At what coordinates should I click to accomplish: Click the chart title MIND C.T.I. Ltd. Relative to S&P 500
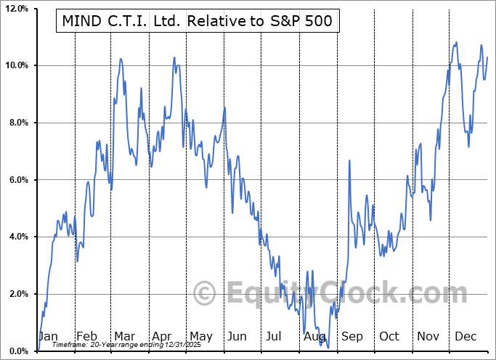pyautogui.click(x=198, y=20)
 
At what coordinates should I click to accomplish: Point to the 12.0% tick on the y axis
pyautogui.click(x=15, y=9)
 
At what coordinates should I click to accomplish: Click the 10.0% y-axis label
pyautogui.click(x=15, y=66)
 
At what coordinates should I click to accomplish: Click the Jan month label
pyautogui.click(x=48, y=336)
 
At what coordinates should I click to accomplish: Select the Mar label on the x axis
pyautogui.click(x=124, y=336)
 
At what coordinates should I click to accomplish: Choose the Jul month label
pyautogui.click(x=275, y=336)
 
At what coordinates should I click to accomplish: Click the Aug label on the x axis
pyautogui.click(x=314, y=336)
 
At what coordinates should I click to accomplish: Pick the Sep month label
pyautogui.click(x=351, y=336)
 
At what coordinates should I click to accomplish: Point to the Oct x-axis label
pyautogui.click(x=389, y=336)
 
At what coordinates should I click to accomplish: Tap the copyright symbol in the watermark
pyautogui.click(x=204, y=294)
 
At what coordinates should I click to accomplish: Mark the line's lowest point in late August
pyautogui.click(x=328, y=348)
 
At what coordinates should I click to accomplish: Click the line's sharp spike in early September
pyautogui.click(x=349, y=160)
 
